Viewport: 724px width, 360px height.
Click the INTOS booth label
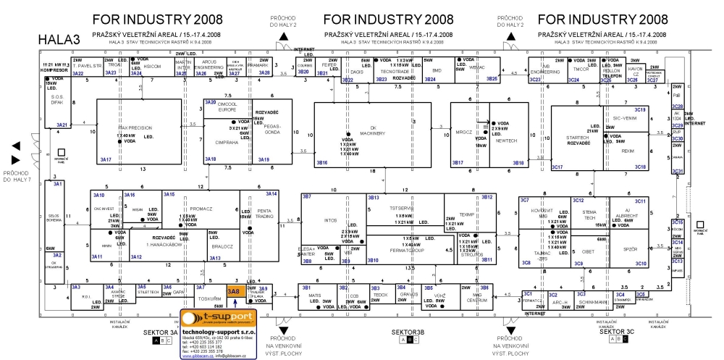coord(331,219)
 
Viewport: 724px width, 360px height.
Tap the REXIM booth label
coord(628,151)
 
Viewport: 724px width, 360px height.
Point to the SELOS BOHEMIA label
coord(54,218)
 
